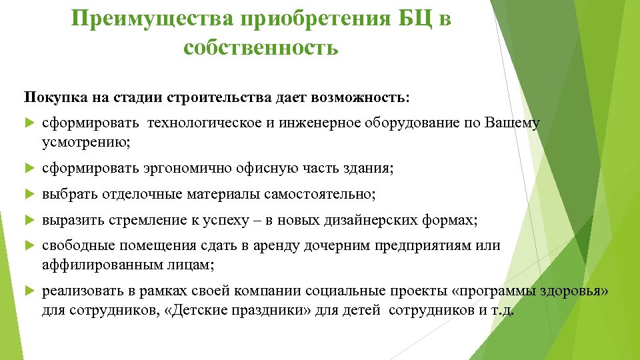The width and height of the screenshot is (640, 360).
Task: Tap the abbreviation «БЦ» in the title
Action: tap(416, 19)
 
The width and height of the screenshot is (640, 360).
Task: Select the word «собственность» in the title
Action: tap(261, 48)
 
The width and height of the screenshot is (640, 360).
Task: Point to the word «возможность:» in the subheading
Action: tap(369, 97)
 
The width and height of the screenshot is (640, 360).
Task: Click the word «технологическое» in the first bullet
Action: tap(200, 123)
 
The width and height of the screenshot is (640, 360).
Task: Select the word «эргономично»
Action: tap(187, 169)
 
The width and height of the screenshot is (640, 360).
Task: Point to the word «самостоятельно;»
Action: tap(321, 194)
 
